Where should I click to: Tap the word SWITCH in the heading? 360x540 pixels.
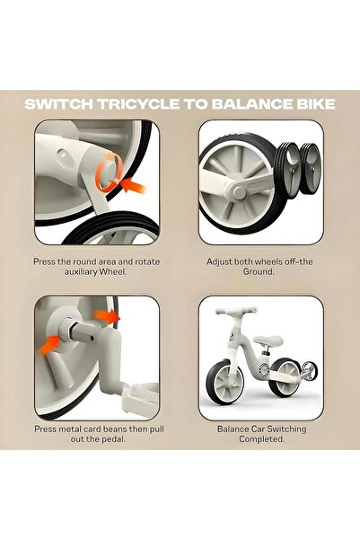(58, 104)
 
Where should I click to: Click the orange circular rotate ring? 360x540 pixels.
(109, 171)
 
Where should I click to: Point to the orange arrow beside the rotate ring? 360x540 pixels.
(134, 184)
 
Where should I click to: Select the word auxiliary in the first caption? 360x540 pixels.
(81, 271)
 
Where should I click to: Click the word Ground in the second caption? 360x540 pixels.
(259, 271)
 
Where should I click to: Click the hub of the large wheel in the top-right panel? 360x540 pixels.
(239, 191)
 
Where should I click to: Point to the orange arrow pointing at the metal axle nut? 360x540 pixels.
(49, 345)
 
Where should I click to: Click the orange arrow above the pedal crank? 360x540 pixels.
(107, 315)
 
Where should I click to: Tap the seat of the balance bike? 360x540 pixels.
(268, 340)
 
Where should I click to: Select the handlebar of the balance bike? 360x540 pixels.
(236, 311)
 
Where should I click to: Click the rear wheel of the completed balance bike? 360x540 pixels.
(285, 377)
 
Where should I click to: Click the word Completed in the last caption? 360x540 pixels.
(261, 439)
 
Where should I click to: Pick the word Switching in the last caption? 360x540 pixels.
(286, 429)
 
